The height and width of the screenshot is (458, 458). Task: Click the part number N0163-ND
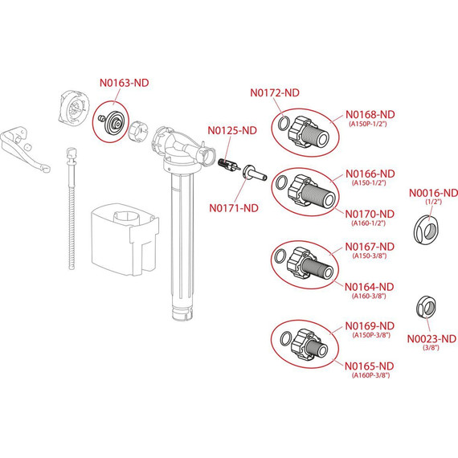point(124,83)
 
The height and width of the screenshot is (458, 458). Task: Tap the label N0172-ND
point(275,92)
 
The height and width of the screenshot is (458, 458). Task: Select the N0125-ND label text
point(232,130)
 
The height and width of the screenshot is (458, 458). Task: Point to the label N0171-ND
point(234,208)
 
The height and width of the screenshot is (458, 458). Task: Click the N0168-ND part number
point(370,114)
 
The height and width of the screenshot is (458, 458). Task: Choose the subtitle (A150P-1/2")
point(368,124)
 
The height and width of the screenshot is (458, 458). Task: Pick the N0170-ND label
point(370,214)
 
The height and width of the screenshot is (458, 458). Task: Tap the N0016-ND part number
point(433,193)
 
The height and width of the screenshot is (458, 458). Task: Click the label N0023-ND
point(431,339)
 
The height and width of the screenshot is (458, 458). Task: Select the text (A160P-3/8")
point(370,375)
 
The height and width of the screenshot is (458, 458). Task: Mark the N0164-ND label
point(370,287)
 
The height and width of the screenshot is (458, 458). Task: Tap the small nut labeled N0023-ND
point(426,307)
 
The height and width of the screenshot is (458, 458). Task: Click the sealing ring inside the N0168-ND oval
point(284,124)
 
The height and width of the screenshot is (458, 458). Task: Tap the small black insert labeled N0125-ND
point(229,166)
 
